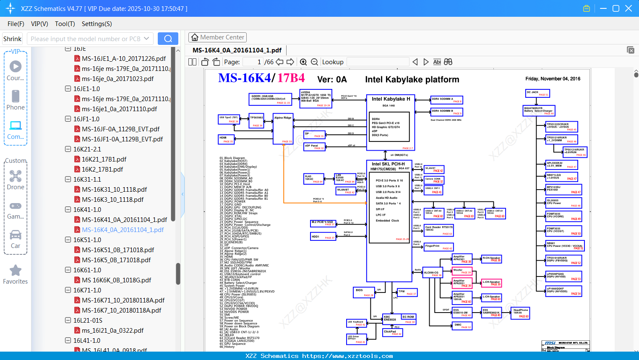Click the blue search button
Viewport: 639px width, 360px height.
(x=168, y=39)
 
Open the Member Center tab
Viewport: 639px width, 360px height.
(x=217, y=37)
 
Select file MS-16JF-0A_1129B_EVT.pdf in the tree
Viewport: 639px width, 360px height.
(x=120, y=129)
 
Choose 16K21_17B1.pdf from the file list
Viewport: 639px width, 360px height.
(x=104, y=159)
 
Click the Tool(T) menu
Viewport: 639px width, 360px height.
(x=65, y=24)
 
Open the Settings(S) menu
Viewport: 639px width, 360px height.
(x=97, y=24)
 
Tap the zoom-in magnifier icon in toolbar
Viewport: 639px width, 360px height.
(x=303, y=62)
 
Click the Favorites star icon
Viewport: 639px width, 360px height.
(x=16, y=271)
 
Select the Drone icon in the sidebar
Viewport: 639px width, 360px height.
(x=16, y=177)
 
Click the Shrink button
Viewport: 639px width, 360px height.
(x=13, y=39)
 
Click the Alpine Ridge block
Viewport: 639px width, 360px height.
(x=283, y=129)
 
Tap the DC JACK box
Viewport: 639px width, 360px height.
(x=537, y=93)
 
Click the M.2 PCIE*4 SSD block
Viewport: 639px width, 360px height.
(x=323, y=223)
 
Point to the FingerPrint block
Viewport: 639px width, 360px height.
(x=438, y=247)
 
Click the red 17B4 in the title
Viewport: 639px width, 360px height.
(x=291, y=78)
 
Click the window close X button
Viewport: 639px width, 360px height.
(x=629, y=8)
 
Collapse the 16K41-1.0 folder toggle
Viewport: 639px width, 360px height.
(x=68, y=209)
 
